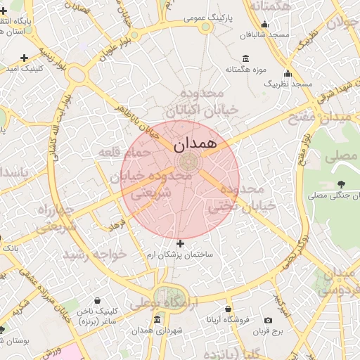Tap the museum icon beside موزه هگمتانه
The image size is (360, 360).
pos(245,58)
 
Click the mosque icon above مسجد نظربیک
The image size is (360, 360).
pos(287,74)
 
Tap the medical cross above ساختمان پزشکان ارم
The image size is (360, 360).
pos(180,243)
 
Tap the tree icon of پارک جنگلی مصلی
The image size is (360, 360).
pos(341,184)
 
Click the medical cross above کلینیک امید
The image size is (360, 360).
pos(25,58)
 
